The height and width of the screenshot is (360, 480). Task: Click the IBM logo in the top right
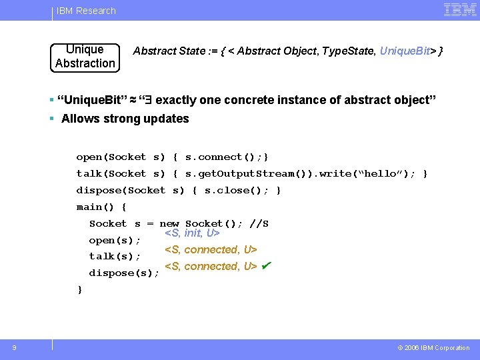459,10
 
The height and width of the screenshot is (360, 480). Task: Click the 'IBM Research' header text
86,11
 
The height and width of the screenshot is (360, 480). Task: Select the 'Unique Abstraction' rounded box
85,57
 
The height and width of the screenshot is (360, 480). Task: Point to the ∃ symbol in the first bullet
149,100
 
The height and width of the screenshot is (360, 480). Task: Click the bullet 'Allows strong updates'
125,119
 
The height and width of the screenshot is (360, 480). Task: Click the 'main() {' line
101,207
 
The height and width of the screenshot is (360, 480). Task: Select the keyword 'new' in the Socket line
169,224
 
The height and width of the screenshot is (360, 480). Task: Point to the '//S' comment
259,224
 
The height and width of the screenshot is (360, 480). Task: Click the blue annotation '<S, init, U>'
192,233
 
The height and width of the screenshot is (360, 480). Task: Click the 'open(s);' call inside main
115,240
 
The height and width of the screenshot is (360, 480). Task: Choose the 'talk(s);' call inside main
115,257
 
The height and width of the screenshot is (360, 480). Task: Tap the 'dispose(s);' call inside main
124,273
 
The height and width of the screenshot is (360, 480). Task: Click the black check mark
266,266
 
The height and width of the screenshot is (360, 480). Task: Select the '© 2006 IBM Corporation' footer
433,348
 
